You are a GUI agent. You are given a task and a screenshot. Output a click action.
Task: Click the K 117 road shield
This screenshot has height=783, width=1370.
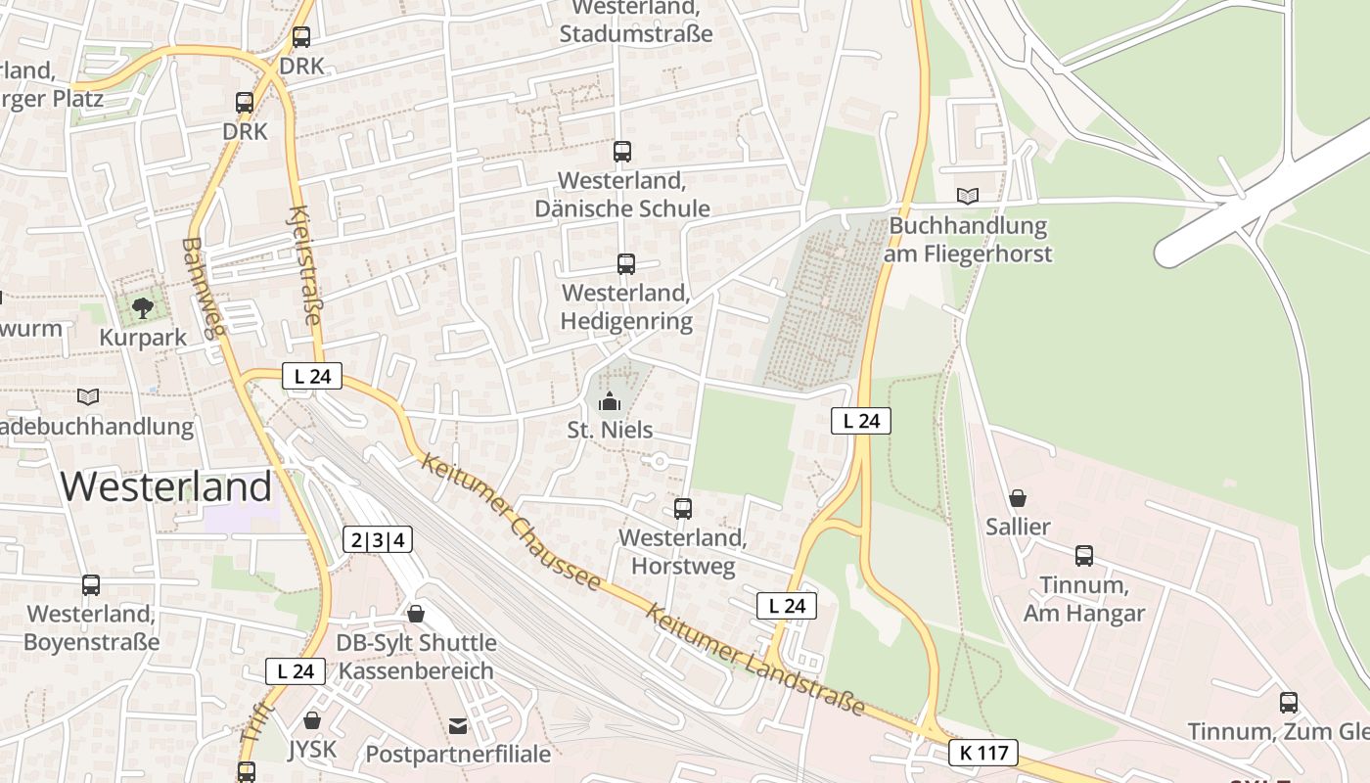point(982,753)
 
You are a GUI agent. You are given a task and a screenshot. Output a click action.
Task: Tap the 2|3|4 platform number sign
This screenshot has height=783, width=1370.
point(378,539)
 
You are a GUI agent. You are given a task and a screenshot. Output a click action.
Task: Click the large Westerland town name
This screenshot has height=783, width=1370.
point(167,486)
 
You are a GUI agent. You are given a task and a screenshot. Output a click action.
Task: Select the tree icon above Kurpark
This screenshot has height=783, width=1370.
point(143,308)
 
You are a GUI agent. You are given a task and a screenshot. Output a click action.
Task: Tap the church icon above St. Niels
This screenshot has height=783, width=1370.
point(610,401)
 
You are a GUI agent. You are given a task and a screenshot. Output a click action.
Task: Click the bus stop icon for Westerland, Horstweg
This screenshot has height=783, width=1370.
point(683,509)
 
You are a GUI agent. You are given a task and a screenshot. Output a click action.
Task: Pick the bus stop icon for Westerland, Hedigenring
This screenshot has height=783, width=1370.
point(626,264)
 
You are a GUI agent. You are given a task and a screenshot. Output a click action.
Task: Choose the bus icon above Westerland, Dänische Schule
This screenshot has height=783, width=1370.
point(622,152)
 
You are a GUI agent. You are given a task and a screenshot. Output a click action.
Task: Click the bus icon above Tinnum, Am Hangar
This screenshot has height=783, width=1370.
point(1084,556)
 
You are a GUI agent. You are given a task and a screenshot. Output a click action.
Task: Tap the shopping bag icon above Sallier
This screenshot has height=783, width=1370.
point(1018,497)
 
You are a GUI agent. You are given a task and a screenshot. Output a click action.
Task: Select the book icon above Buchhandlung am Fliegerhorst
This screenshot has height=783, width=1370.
point(968,196)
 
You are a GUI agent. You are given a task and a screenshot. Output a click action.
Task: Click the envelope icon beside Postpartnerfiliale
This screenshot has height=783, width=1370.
point(458,725)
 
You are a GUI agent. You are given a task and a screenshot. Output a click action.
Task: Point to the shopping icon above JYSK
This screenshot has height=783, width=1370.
point(312,720)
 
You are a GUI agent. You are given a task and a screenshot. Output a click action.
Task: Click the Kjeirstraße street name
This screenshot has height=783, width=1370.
point(306,265)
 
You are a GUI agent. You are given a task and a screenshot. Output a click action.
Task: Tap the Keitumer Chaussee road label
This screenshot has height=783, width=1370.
point(511,521)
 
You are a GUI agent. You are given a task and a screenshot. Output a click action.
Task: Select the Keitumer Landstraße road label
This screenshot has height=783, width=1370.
point(755,659)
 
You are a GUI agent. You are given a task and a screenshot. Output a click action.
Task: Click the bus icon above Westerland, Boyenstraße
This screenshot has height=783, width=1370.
point(91,585)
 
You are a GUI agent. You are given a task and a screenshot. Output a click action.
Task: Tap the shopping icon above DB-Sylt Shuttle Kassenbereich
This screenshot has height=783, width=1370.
point(416,614)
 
